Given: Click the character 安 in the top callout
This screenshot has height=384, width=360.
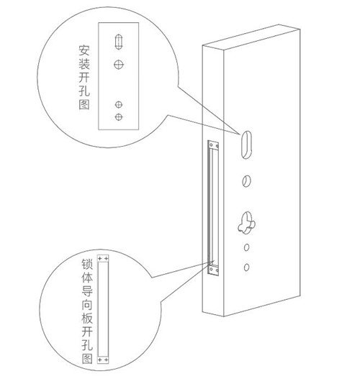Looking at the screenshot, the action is pos(84,50).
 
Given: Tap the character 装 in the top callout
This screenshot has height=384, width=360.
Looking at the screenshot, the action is pos(84,64).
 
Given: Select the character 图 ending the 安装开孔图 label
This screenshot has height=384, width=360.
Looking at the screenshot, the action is pos(84,104).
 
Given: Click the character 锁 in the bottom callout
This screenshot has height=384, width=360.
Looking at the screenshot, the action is pos(87,264).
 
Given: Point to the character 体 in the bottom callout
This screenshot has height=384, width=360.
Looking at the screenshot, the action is pos(87,278).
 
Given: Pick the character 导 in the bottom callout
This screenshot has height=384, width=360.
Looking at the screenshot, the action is pos(87,291).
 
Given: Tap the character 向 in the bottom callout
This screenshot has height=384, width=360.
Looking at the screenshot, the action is pos(87,305).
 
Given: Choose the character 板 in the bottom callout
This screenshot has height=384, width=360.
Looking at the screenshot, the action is pos(87,318).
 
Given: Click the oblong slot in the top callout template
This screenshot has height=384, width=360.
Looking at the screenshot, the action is pos(119,42).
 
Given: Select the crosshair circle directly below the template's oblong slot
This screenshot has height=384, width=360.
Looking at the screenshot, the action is pos(119,65).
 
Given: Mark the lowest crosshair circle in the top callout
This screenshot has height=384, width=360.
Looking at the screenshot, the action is pos(119,117).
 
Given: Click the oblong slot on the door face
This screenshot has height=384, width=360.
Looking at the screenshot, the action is pos(246,144).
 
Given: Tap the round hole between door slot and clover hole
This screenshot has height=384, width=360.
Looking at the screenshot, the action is pos(246,181).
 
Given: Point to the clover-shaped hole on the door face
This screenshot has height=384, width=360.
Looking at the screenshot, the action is pos(246,222).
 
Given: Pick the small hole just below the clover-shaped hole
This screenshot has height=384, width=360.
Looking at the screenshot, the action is pos(246,247).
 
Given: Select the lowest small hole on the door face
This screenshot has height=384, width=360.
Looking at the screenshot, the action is pos(246,268).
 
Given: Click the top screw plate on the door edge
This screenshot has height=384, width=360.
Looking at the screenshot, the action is pos(213,145).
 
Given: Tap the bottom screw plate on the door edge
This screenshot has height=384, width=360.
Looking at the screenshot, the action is pos(213,270).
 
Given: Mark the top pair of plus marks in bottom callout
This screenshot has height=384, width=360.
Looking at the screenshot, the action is pos(103,258).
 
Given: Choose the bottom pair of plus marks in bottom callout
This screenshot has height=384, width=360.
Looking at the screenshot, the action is pos(103,360).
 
